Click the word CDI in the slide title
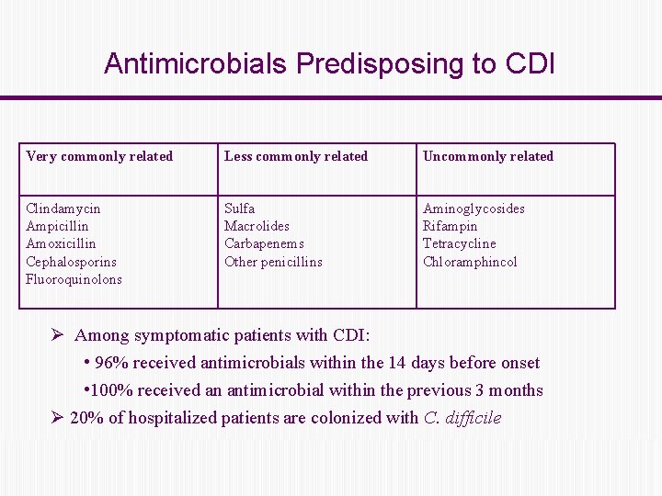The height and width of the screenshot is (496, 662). (x=530, y=63)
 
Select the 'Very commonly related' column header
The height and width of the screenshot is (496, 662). (x=99, y=156)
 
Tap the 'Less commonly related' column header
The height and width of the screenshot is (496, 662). (x=296, y=156)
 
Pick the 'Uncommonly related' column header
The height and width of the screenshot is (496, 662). (x=488, y=156)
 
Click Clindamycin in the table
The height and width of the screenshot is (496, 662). (x=63, y=209)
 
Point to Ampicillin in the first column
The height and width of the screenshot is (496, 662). (x=57, y=226)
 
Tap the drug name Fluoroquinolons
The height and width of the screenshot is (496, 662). (x=74, y=279)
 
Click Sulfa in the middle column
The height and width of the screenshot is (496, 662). (x=240, y=209)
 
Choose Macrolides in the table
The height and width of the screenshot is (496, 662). (x=257, y=226)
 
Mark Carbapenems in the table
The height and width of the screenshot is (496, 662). (x=264, y=243)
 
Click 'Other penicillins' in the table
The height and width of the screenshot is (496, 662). (x=273, y=262)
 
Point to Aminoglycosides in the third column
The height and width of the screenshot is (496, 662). (x=474, y=209)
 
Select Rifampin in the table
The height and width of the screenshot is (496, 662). (x=450, y=226)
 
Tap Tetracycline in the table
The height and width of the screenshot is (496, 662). (x=459, y=243)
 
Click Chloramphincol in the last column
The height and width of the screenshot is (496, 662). (x=470, y=262)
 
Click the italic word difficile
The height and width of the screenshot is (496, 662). (x=474, y=418)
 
